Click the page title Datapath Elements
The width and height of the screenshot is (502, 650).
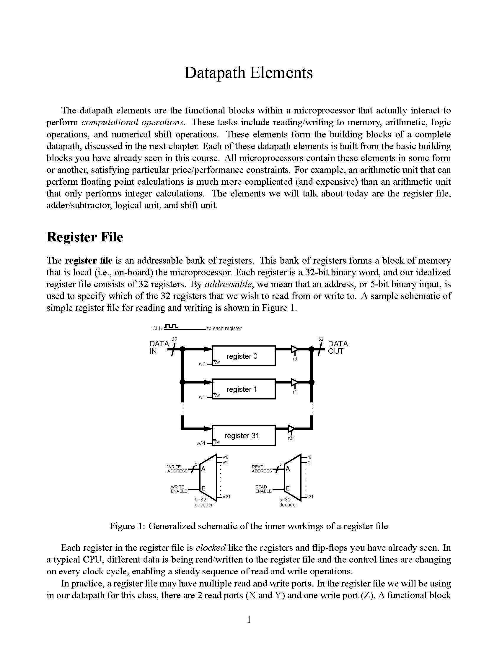click(x=249, y=73)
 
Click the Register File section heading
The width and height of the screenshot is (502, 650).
click(x=85, y=237)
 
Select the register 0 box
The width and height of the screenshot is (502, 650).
click(x=243, y=356)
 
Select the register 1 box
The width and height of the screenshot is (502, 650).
click(x=243, y=389)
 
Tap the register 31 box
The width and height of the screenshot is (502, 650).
click(x=243, y=435)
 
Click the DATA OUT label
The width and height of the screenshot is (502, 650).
click(x=338, y=347)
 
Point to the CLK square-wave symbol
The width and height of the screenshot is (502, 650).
click(x=171, y=326)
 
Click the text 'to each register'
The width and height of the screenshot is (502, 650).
click(x=224, y=328)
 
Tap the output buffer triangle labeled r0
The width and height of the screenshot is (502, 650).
click(x=294, y=349)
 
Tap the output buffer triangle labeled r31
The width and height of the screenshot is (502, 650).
click(x=291, y=429)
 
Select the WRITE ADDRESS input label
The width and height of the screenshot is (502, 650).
click(x=177, y=469)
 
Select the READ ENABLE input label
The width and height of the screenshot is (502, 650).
click(x=263, y=489)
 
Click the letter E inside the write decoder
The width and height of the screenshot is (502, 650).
click(x=203, y=488)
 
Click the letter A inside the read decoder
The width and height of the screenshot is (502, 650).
click(x=288, y=469)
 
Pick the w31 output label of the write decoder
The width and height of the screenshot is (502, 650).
click(x=226, y=496)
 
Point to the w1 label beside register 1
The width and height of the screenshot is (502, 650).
click(x=202, y=397)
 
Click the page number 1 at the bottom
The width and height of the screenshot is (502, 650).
click(x=249, y=620)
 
